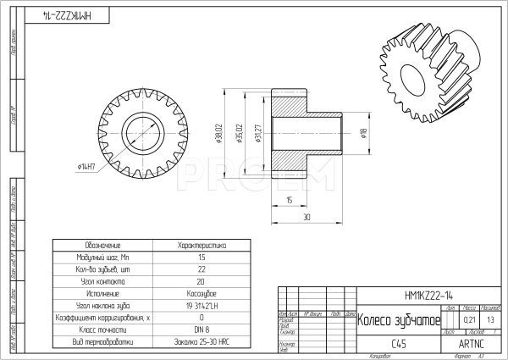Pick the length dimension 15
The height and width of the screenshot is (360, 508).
point(289,201)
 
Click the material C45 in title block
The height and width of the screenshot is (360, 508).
point(399,344)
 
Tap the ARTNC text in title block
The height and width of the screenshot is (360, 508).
point(471,344)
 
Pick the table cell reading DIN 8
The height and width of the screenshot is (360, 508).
point(202,330)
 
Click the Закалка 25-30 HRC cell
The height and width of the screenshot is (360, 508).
point(202,342)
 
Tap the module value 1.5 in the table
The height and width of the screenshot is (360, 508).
point(202,257)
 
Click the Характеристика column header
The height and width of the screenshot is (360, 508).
point(202,244)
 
